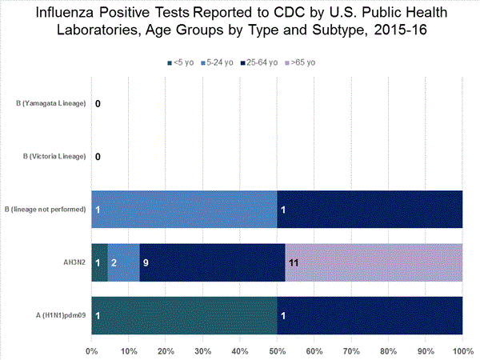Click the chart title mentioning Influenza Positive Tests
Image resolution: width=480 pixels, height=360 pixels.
coord(240,23)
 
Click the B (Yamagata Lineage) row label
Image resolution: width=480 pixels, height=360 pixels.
coord(50,104)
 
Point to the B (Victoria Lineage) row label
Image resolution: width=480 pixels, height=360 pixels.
coord(52,156)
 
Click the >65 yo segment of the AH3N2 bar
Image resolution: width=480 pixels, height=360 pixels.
coord(373,262)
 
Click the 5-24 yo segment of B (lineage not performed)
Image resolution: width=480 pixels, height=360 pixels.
coord(185,210)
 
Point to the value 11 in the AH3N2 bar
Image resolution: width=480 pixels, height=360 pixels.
coord(294,262)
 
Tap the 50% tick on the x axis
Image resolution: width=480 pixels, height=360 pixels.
coord(277,350)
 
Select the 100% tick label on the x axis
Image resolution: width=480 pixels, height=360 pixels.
coord(462,350)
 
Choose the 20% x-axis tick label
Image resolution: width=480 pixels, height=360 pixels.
coord(166,350)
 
